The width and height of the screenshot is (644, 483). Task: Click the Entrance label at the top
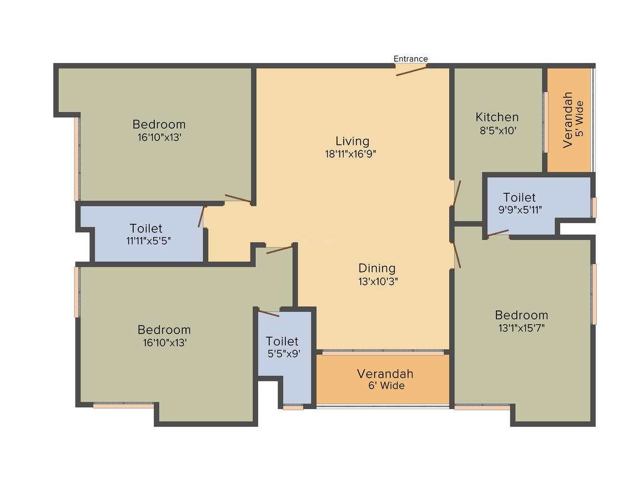410,59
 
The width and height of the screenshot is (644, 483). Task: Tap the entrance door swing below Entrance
411,70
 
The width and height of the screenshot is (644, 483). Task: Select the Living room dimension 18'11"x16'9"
352,154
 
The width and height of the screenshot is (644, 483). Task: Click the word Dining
377,268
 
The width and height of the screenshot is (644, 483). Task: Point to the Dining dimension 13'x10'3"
378,281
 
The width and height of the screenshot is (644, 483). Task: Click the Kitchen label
497,117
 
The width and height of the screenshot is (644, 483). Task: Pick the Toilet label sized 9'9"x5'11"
519,197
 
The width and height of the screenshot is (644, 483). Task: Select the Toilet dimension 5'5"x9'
284,354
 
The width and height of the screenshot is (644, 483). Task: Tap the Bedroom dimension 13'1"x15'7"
521,328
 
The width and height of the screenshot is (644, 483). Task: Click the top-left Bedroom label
159,124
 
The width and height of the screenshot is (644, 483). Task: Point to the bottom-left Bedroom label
164,329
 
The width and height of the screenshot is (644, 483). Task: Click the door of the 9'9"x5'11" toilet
498,233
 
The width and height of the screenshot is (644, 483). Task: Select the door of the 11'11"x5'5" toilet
202,217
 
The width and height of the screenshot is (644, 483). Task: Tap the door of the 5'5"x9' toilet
269,313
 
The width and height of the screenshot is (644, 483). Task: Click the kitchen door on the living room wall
457,193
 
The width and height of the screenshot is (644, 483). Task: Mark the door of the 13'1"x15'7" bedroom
457,255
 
